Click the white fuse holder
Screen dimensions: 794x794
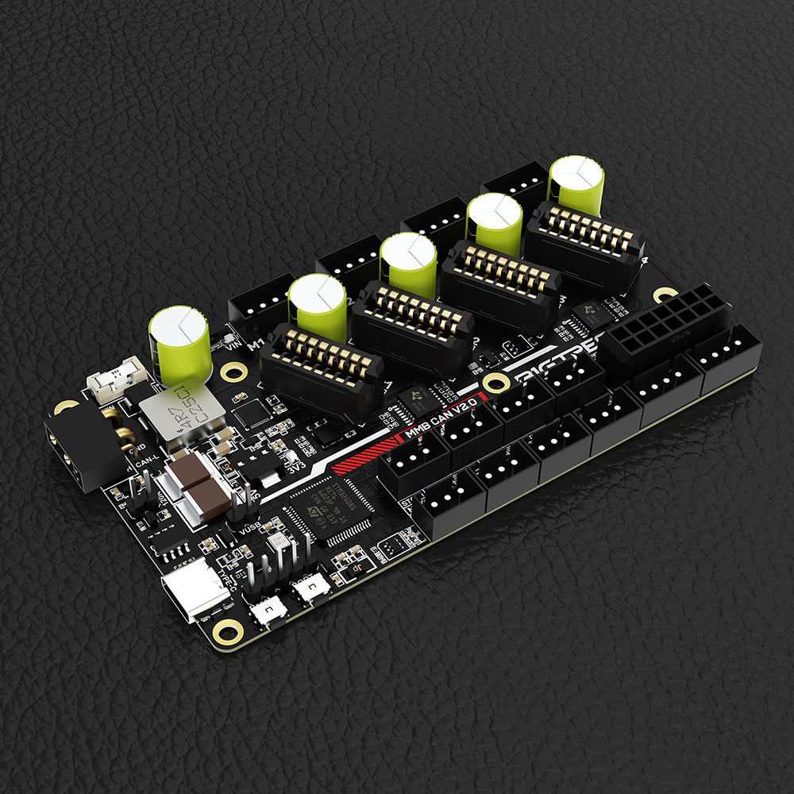pos(115,379)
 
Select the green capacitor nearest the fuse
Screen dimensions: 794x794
pos(180,345)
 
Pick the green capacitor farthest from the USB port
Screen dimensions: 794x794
pos(576,184)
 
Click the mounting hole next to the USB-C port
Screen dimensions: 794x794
pos(229,631)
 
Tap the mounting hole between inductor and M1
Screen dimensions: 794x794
pos(234,372)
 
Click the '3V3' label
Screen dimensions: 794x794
pos(295,466)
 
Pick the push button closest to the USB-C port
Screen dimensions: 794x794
pos(268,610)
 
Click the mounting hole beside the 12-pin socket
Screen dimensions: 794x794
pos(665,295)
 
